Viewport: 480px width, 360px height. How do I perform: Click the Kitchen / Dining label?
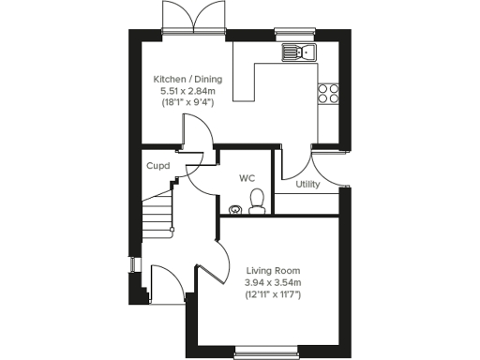[187, 80]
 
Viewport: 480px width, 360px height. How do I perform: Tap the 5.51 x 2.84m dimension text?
[187, 91]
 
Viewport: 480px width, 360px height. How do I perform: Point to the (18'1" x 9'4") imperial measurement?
[187, 102]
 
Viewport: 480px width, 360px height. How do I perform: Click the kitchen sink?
[301, 52]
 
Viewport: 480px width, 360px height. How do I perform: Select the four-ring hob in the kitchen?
[328, 92]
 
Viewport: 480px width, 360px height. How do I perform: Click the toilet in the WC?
[256, 199]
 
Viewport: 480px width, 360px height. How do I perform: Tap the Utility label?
[307, 184]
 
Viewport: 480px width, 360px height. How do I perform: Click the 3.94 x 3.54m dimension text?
[272, 283]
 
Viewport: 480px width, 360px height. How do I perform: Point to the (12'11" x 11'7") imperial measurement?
[272, 294]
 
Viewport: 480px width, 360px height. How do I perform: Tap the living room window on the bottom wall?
[264, 352]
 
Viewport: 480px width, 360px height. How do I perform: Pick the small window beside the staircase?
[133, 266]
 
